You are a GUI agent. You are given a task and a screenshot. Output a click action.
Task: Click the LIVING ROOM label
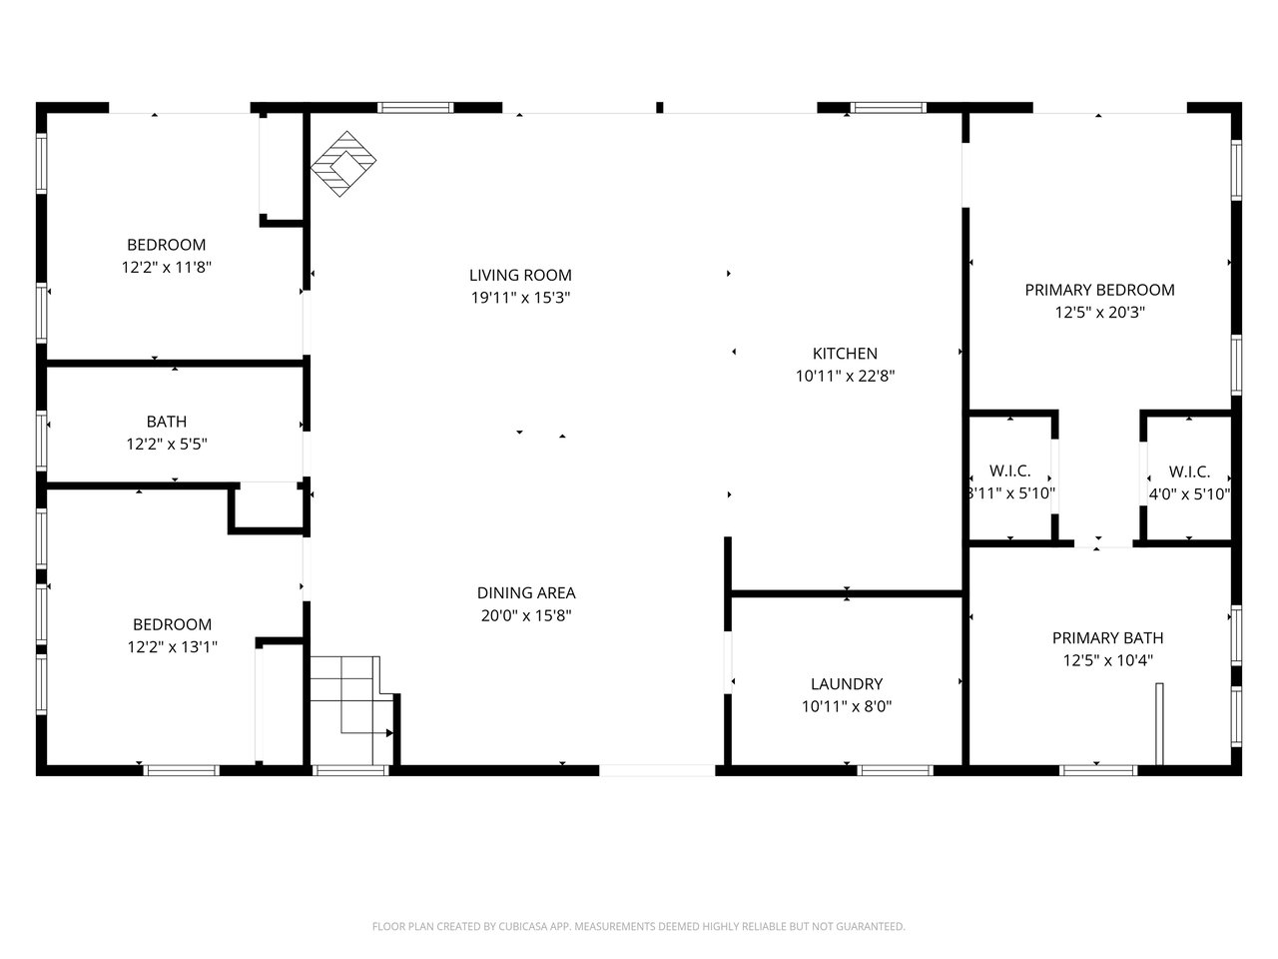(520, 275)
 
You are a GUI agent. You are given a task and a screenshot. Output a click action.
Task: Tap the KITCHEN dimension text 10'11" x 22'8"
(845, 377)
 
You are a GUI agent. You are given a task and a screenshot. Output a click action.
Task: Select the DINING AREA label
(526, 592)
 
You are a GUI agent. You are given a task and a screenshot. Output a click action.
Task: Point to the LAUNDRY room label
(847, 683)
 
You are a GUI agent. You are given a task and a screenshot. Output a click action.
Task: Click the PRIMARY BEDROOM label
(1099, 290)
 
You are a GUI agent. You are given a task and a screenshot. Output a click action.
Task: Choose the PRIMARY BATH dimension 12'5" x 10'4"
(1107, 660)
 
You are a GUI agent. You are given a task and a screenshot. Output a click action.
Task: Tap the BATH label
(167, 421)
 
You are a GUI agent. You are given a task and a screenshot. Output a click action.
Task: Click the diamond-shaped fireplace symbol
(342, 164)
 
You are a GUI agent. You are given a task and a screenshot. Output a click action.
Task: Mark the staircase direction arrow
(365, 732)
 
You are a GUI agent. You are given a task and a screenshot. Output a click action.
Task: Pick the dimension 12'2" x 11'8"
(166, 268)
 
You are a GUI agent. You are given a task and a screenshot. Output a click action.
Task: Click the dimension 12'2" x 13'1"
(172, 647)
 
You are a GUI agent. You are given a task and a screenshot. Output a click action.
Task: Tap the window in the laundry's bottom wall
(895, 770)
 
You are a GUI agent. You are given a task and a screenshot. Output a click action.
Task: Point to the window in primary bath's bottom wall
(1098, 770)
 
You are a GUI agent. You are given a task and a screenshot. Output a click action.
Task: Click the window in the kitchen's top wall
(888, 108)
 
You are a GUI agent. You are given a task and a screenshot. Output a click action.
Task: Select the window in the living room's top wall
(415, 108)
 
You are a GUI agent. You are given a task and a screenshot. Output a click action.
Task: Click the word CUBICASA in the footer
(523, 926)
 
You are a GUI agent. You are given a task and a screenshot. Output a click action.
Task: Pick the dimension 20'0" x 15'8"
(526, 615)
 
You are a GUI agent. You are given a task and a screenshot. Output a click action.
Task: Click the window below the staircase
(349, 770)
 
